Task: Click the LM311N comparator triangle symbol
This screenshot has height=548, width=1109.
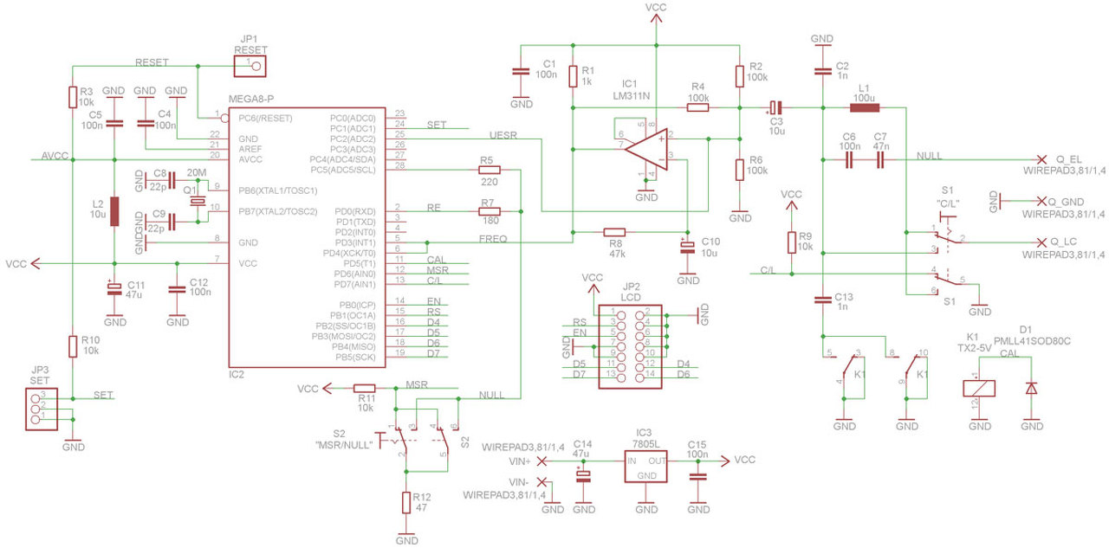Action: click(x=650, y=148)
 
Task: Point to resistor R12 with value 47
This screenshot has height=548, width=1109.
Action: click(x=405, y=503)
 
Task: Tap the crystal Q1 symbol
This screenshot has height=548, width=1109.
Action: click(x=199, y=201)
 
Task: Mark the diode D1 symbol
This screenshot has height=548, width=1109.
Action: click(x=1031, y=388)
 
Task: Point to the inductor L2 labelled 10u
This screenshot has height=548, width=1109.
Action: click(x=114, y=211)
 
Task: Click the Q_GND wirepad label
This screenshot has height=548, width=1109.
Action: click(x=1073, y=201)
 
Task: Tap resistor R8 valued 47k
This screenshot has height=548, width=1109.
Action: click(x=614, y=232)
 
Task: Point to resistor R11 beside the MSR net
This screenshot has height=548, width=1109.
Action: click(x=365, y=389)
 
